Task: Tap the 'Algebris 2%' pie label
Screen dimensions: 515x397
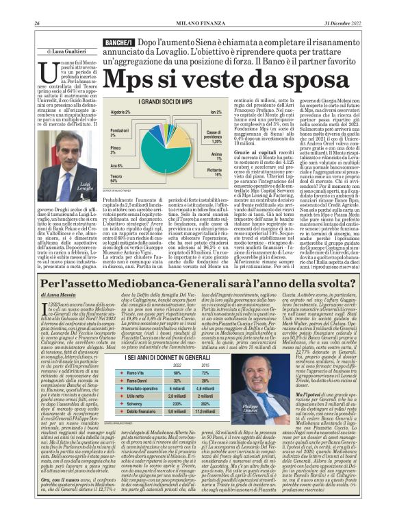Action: click(120, 112)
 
